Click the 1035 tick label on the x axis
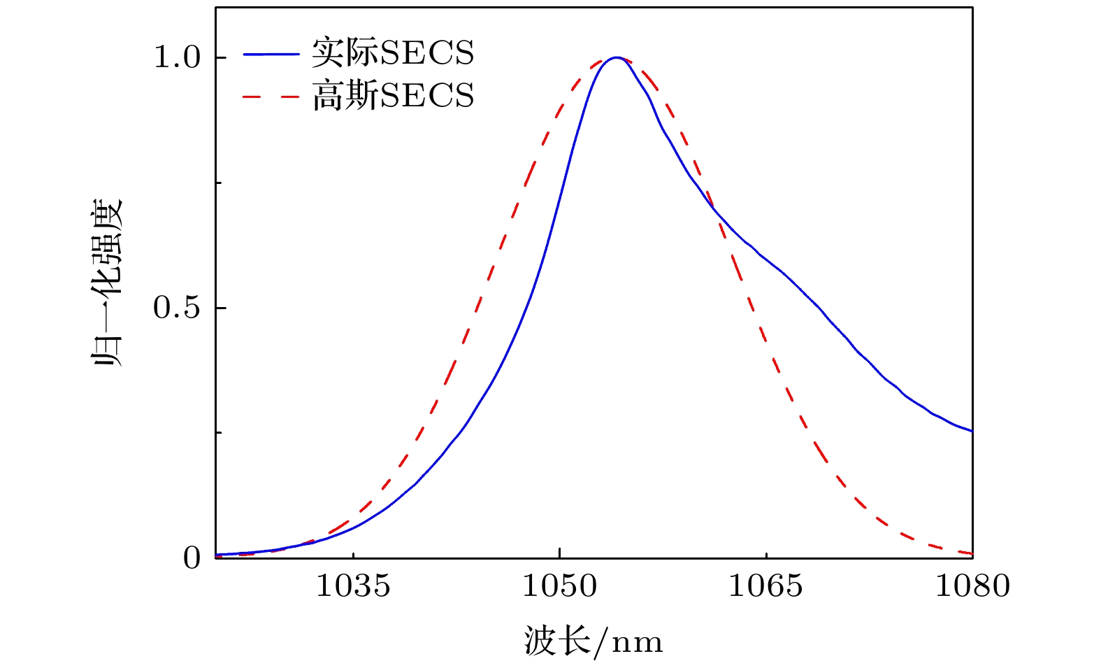click(353, 585)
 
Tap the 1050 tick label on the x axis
click(559, 585)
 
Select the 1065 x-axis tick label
click(765, 585)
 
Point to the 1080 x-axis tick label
click(972, 585)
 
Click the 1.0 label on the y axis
click(177, 57)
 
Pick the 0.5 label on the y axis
click(177, 308)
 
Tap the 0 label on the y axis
click(192, 558)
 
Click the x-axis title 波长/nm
click(593, 641)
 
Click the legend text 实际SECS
click(393, 53)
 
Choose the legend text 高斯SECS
click(393, 96)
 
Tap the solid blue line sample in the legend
click(271, 54)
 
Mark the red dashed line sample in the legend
click(271, 97)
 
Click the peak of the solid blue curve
click(615, 57)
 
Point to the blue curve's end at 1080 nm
click(972, 431)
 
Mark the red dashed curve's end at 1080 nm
click(972, 554)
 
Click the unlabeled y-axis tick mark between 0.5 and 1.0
click(219, 183)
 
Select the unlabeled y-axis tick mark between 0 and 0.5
click(219, 433)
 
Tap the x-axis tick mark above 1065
click(766, 554)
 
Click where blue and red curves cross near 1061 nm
click(716, 211)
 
